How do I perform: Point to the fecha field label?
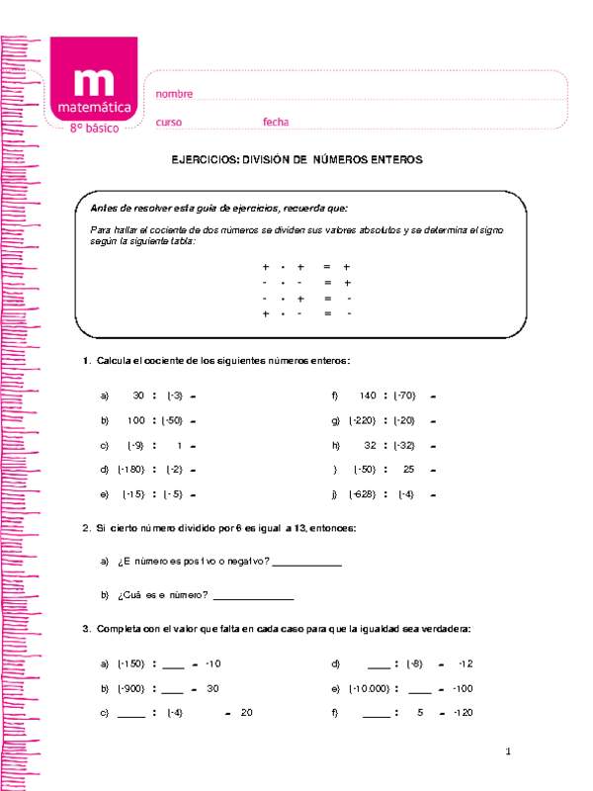tap(276, 122)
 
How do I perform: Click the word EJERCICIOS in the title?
tap(206, 159)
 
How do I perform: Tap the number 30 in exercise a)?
tap(138, 395)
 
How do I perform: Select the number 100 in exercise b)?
tap(136, 420)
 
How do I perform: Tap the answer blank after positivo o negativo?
tap(306, 564)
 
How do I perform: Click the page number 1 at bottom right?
tap(507, 753)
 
